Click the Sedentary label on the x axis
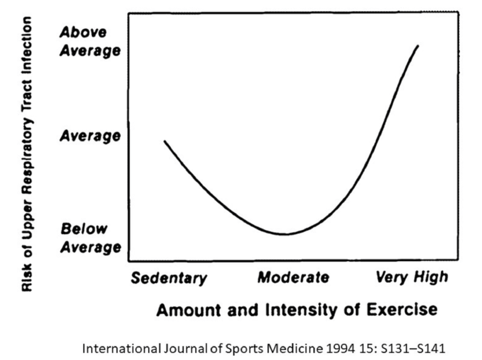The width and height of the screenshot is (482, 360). pyautogui.click(x=169, y=278)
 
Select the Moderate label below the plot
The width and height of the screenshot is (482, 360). pyautogui.click(x=293, y=277)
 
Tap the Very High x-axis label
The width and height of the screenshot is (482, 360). pyautogui.click(x=411, y=277)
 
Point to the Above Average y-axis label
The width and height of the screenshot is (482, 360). pyautogui.click(x=90, y=41)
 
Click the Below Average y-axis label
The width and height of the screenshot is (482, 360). pyautogui.click(x=90, y=238)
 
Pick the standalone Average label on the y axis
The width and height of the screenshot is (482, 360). pyautogui.click(x=90, y=136)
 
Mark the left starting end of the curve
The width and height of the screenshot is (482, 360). pyautogui.click(x=165, y=141)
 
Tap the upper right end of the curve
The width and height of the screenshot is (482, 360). pyautogui.click(x=418, y=46)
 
